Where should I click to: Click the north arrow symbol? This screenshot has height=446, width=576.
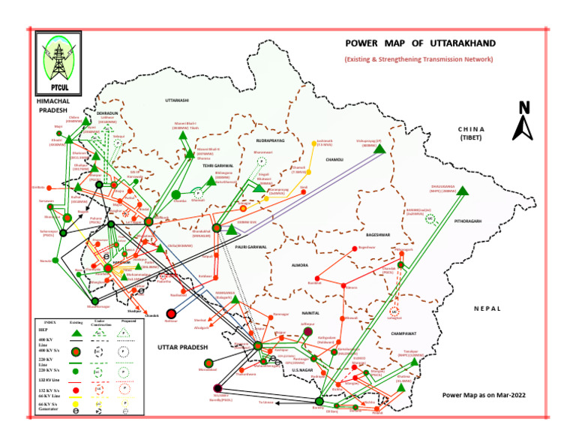(523, 121)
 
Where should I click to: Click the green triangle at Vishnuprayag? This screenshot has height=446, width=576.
(379, 149)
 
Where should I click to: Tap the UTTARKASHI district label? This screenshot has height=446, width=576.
(177, 101)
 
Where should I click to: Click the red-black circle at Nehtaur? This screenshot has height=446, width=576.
(172, 314)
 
